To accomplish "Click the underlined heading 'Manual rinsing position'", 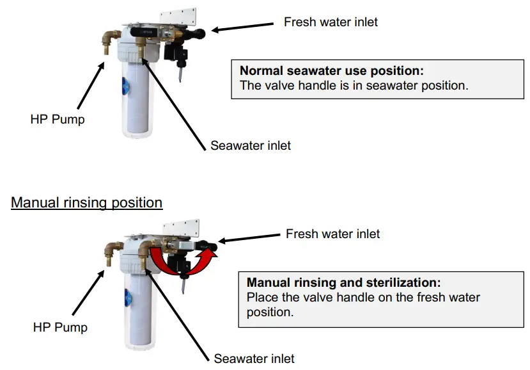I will [86, 202].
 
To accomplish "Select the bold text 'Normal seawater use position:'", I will [331, 70].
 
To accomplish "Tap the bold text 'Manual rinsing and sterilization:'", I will [343, 282].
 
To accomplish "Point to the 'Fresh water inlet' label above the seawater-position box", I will [330, 22].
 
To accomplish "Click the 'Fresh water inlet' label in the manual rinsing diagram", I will [332, 234].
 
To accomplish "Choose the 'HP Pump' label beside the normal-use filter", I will [58, 119].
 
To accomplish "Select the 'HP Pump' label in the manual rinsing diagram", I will [60, 327].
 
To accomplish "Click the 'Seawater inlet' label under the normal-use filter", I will [250, 145].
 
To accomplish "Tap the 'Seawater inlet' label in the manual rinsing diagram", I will [254, 358].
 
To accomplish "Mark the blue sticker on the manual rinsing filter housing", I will [127, 298].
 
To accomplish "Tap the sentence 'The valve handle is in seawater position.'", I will [354, 85].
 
